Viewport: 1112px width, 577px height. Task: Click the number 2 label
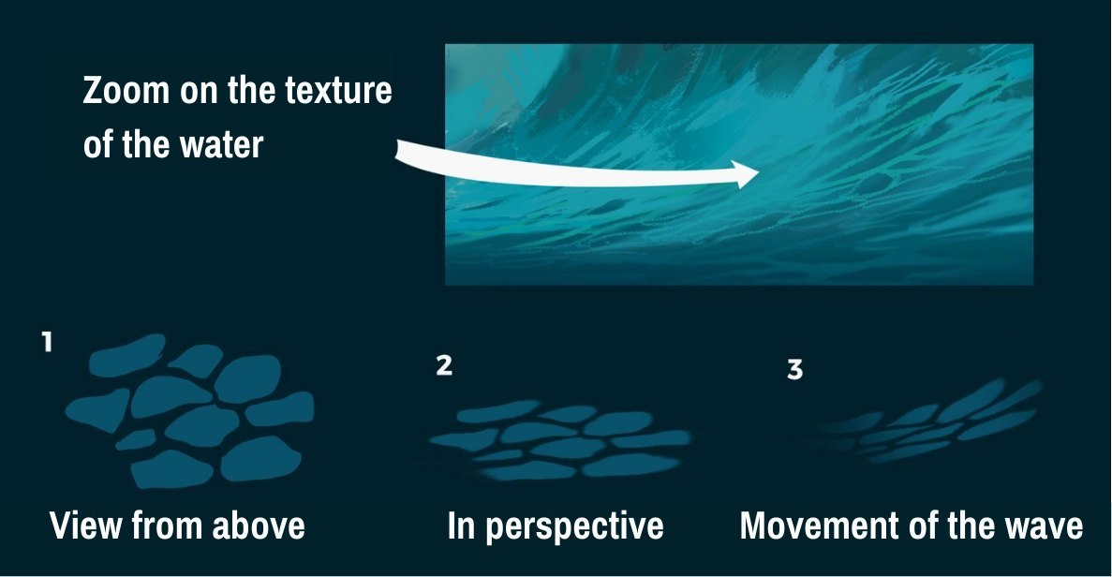(x=444, y=365)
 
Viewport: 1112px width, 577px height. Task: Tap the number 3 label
(x=794, y=370)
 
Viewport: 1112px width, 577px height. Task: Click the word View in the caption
(x=85, y=525)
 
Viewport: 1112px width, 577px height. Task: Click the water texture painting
(x=738, y=164)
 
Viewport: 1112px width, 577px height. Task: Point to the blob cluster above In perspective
(x=559, y=439)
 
